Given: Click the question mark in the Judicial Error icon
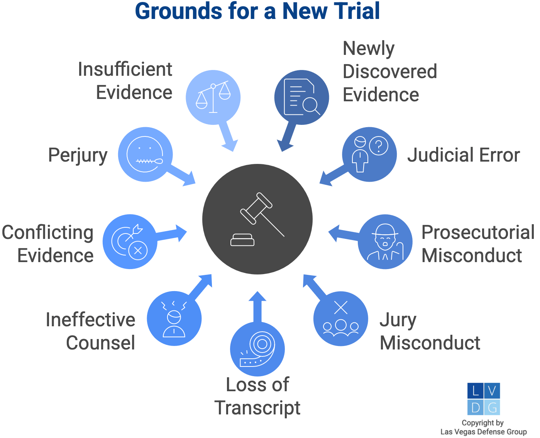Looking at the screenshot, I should (x=379, y=146).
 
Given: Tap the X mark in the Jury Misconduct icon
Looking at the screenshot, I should (x=341, y=308).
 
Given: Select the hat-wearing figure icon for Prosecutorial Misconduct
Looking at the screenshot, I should (x=385, y=242).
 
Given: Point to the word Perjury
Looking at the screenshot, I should (x=78, y=155).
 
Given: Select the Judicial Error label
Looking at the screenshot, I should (x=464, y=155).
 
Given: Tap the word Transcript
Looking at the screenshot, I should (x=257, y=408).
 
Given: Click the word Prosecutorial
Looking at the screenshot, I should (x=478, y=232).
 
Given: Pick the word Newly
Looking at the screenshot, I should (x=369, y=49).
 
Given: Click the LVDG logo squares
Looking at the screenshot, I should (x=484, y=399).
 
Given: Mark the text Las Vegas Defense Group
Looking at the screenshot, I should (x=484, y=432).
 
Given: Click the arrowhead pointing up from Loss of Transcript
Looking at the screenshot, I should (x=257, y=297).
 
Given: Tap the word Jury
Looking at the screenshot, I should (x=398, y=320).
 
